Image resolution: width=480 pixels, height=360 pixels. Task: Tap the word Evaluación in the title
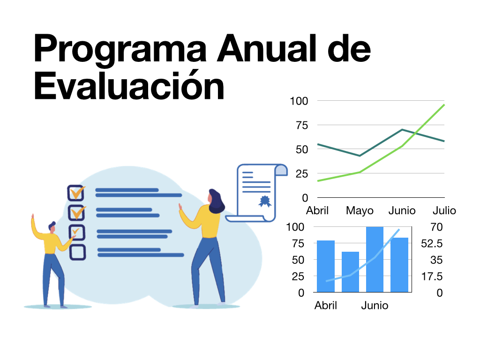[129, 85]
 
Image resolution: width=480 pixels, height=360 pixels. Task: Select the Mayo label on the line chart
[360, 211]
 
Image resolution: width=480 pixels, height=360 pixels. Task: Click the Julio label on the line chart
[444, 210]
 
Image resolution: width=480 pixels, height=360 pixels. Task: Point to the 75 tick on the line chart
[301, 125]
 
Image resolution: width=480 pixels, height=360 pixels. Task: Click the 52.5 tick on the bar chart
[432, 243]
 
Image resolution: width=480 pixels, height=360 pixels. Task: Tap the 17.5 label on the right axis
[432, 277]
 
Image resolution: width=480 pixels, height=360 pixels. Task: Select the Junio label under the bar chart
[375, 306]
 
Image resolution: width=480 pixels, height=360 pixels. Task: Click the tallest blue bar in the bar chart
[375, 259]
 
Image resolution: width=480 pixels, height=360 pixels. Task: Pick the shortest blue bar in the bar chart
[350, 272]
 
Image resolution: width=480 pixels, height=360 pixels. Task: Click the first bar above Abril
[326, 266]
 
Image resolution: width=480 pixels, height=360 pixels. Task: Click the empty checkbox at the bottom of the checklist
[78, 252]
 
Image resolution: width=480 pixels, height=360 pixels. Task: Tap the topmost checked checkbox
[76, 193]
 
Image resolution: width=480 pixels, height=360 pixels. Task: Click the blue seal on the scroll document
[264, 202]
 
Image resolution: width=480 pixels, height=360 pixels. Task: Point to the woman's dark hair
[216, 201]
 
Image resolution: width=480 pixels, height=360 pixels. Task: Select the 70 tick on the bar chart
[436, 227]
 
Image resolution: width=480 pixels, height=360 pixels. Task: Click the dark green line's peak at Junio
[402, 129]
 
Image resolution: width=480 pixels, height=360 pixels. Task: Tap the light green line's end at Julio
[444, 105]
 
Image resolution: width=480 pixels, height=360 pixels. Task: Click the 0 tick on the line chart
[305, 198]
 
